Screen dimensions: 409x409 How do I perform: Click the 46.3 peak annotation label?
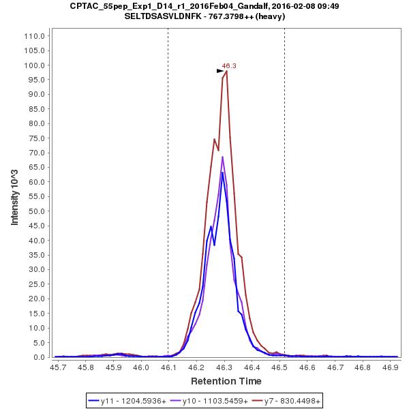(x=229, y=65)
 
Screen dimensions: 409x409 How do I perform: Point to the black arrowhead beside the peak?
(x=220, y=71)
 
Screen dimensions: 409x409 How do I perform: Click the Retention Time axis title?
(x=226, y=381)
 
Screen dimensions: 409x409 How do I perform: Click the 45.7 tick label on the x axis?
(x=58, y=367)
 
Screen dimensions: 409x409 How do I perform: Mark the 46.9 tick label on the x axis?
(x=390, y=367)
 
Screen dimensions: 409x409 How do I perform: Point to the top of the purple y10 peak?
(x=222, y=157)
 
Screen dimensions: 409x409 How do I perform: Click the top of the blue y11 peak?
(x=222, y=172)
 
